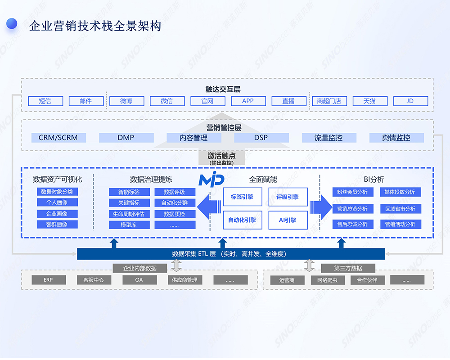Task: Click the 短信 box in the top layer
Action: point(45,101)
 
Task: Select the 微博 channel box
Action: point(126,101)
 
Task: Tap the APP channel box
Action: point(248,101)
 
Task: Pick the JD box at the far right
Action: point(410,101)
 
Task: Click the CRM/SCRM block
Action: point(58,138)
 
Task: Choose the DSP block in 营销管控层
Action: point(261,138)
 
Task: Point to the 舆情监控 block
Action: point(396,138)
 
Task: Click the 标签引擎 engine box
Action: point(242,197)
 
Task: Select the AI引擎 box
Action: point(288,220)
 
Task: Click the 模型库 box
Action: point(129,225)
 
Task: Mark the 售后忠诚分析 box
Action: point(352,224)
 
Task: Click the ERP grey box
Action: point(49,280)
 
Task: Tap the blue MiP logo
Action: point(211,179)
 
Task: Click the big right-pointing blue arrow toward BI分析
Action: point(322,207)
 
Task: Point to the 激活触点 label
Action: point(220,156)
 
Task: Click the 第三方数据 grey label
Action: point(348,268)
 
